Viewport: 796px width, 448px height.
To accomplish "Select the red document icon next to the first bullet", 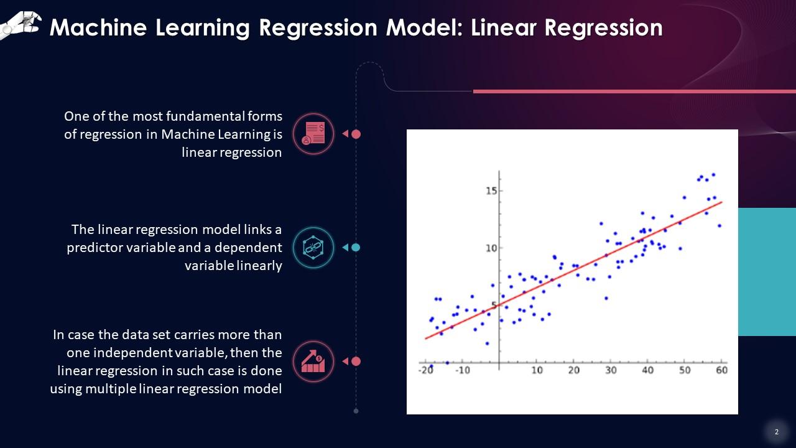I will tap(313, 134).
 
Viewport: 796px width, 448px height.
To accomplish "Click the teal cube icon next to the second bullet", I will tap(313, 247).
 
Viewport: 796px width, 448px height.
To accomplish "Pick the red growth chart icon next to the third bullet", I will tap(313, 362).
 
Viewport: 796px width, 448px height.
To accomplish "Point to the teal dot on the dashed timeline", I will tap(356, 247).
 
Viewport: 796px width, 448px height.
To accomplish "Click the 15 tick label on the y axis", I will tap(491, 190).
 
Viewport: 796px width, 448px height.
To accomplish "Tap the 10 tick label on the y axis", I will tap(491, 248).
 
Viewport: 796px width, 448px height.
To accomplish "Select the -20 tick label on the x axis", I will tap(426, 370).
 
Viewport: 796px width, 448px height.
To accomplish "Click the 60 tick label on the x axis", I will tap(721, 370).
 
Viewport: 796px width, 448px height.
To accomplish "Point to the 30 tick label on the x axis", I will tap(611, 370).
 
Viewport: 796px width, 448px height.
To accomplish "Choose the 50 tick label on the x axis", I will tap(684, 370).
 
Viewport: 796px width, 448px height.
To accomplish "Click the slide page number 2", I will tap(776, 432).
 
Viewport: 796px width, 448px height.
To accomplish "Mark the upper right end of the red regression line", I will tap(721, 202).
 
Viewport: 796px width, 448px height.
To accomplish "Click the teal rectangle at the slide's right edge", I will tap(767, 272).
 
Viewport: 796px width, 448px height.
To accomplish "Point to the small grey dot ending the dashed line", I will tap(356, 411).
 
